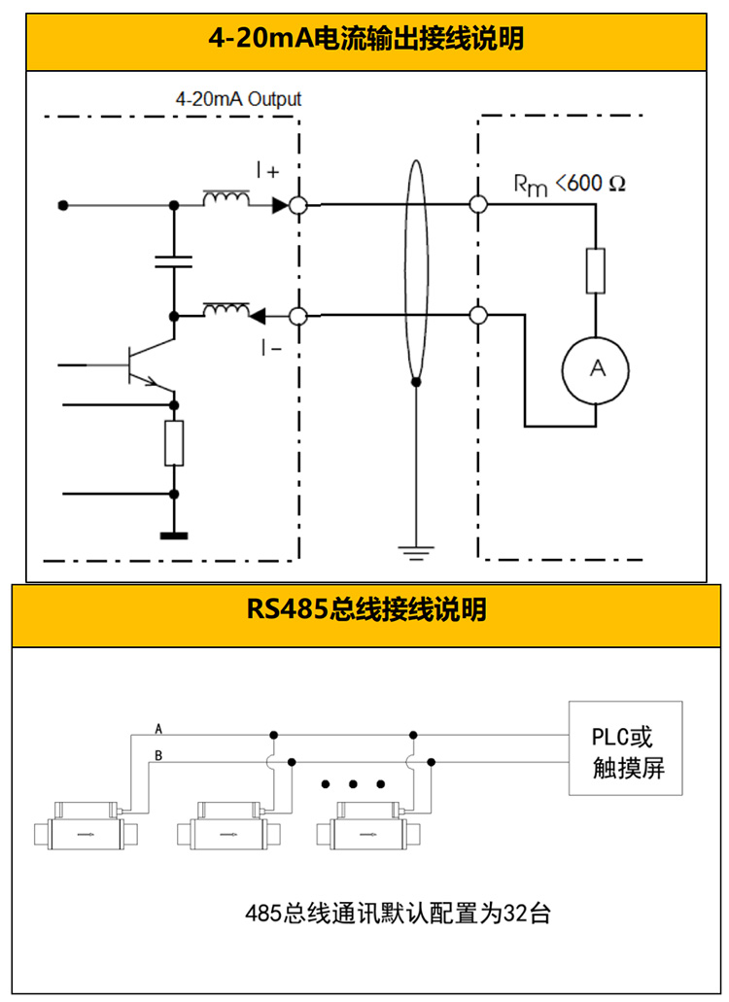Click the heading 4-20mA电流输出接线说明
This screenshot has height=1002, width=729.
pos(365,40)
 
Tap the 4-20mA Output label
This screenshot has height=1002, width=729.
pos(238,99)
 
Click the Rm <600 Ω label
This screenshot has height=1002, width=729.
pos(570,184)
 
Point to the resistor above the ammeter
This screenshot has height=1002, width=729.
pos(596,271)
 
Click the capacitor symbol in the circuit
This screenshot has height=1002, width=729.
pos(174,260)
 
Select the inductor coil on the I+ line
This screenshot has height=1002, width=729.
pos(225,200)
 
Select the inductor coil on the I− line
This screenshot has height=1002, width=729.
pos(225,310)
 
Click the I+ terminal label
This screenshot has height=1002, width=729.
pos(267,171)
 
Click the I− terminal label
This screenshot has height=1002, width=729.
pos(270,346)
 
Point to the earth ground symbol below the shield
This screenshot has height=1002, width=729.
pos(416,553)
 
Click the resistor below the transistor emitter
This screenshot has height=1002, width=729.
pos(174,443)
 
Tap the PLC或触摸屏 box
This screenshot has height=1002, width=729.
pos(625,748)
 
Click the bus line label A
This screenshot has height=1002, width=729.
pos(158,728)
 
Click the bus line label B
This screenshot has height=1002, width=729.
pos(158,755)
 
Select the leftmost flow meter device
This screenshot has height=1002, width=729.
pos(87,826)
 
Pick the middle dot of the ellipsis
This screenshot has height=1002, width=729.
pos(353,783)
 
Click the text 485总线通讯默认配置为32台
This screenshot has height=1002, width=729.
pos(399,914)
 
